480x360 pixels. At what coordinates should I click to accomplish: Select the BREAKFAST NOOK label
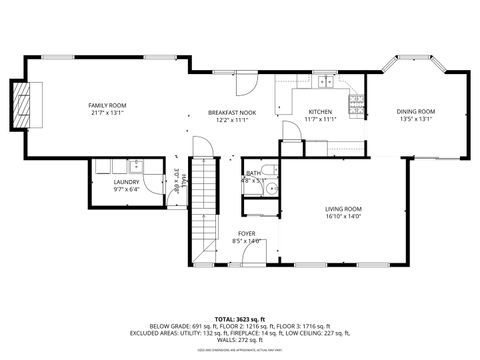click(x=232, y=113)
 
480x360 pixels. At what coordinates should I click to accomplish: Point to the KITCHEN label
click(x=320, y=111)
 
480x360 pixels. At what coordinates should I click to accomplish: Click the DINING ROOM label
click(x=416, y=111)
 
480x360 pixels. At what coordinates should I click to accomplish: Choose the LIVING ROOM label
click(x=342, y=209)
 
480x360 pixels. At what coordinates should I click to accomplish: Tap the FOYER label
click(x=246, y=233)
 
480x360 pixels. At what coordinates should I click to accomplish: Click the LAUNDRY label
click(x=112, y=181)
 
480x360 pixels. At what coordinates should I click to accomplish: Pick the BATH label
click(x=253, y=173)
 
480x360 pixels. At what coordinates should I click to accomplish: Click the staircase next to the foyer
click(x=203, y=215)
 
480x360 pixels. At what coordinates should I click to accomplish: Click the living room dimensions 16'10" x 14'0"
click(x=342, y=217)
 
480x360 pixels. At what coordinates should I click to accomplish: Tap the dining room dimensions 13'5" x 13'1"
click(x=416, y=119)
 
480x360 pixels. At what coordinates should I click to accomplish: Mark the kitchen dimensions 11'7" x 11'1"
click(x=320, y=119)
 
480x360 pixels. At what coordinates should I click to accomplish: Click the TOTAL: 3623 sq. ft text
click(x=240, y=316)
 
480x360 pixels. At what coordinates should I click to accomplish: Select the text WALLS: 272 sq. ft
click(x=240, y=340)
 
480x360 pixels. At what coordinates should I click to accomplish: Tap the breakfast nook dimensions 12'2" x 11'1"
click(x=232, y=121)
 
